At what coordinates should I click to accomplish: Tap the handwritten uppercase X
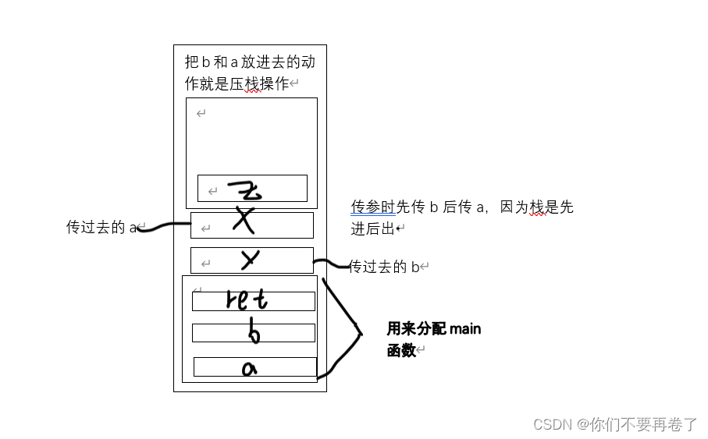coord(245,222)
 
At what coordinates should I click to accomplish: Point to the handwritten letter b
coord(253,333)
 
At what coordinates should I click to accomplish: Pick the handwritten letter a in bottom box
coord(249,368)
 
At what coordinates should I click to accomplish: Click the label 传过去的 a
coord(101,227)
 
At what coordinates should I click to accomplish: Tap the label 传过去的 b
coord(386,267)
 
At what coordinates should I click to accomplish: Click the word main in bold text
coord(465,329)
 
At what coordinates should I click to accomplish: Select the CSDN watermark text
coord(553,424)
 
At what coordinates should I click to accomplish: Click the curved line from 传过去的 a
coord(164,226)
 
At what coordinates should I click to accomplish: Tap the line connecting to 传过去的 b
coord(332,265)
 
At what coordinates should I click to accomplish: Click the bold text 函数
coord(401,351)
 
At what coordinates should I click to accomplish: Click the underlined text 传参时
coord(373,207)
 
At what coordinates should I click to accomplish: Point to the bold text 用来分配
coord(417,329)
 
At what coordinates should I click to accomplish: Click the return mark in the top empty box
coord(201,114)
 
